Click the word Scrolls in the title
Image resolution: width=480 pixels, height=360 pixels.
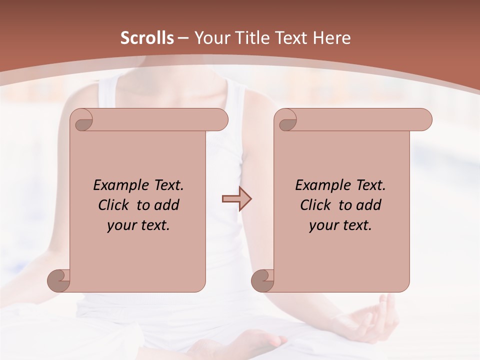[x=147, y=38]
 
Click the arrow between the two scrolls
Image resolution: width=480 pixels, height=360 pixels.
[x=236, y=199]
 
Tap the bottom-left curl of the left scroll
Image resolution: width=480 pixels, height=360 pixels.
[x=58, y=280]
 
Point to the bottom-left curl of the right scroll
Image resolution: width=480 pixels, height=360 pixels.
[x=262, y=280]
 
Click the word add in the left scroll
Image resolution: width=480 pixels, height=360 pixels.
[x=167, y=205]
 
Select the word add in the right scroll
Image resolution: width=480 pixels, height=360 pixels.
[x=369, y=205]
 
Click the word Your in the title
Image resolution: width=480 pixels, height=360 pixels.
[x=210, y=38]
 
